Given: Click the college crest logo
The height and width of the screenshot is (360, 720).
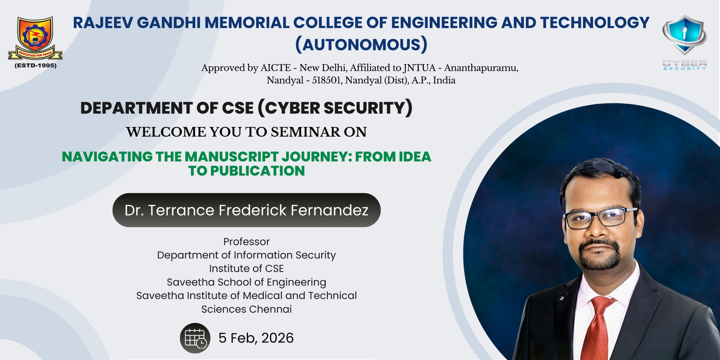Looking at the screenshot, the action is (35, 38).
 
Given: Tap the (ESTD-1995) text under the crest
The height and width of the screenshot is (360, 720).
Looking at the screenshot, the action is (35, 66).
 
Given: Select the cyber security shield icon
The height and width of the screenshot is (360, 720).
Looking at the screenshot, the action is (685, 35).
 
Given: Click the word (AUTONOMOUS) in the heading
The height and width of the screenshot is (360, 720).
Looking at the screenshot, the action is (361, 44).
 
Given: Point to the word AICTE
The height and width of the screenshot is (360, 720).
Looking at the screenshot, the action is (276, 68).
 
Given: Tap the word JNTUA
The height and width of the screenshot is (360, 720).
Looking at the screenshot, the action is (419, 68).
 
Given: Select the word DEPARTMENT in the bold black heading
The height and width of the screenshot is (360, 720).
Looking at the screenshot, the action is (136, 108).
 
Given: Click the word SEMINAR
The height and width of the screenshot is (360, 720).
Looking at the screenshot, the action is (305, 132).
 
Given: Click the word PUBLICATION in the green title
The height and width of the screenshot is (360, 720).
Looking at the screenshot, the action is (257, 171).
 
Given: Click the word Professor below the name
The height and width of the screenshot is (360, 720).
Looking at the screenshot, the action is (246, 242).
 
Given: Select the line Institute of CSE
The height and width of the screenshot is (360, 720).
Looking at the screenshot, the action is (246, 269).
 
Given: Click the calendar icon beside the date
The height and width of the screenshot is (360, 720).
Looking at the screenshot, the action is (195, 338).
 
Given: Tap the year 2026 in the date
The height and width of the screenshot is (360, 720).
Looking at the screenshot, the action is (277, 338).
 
